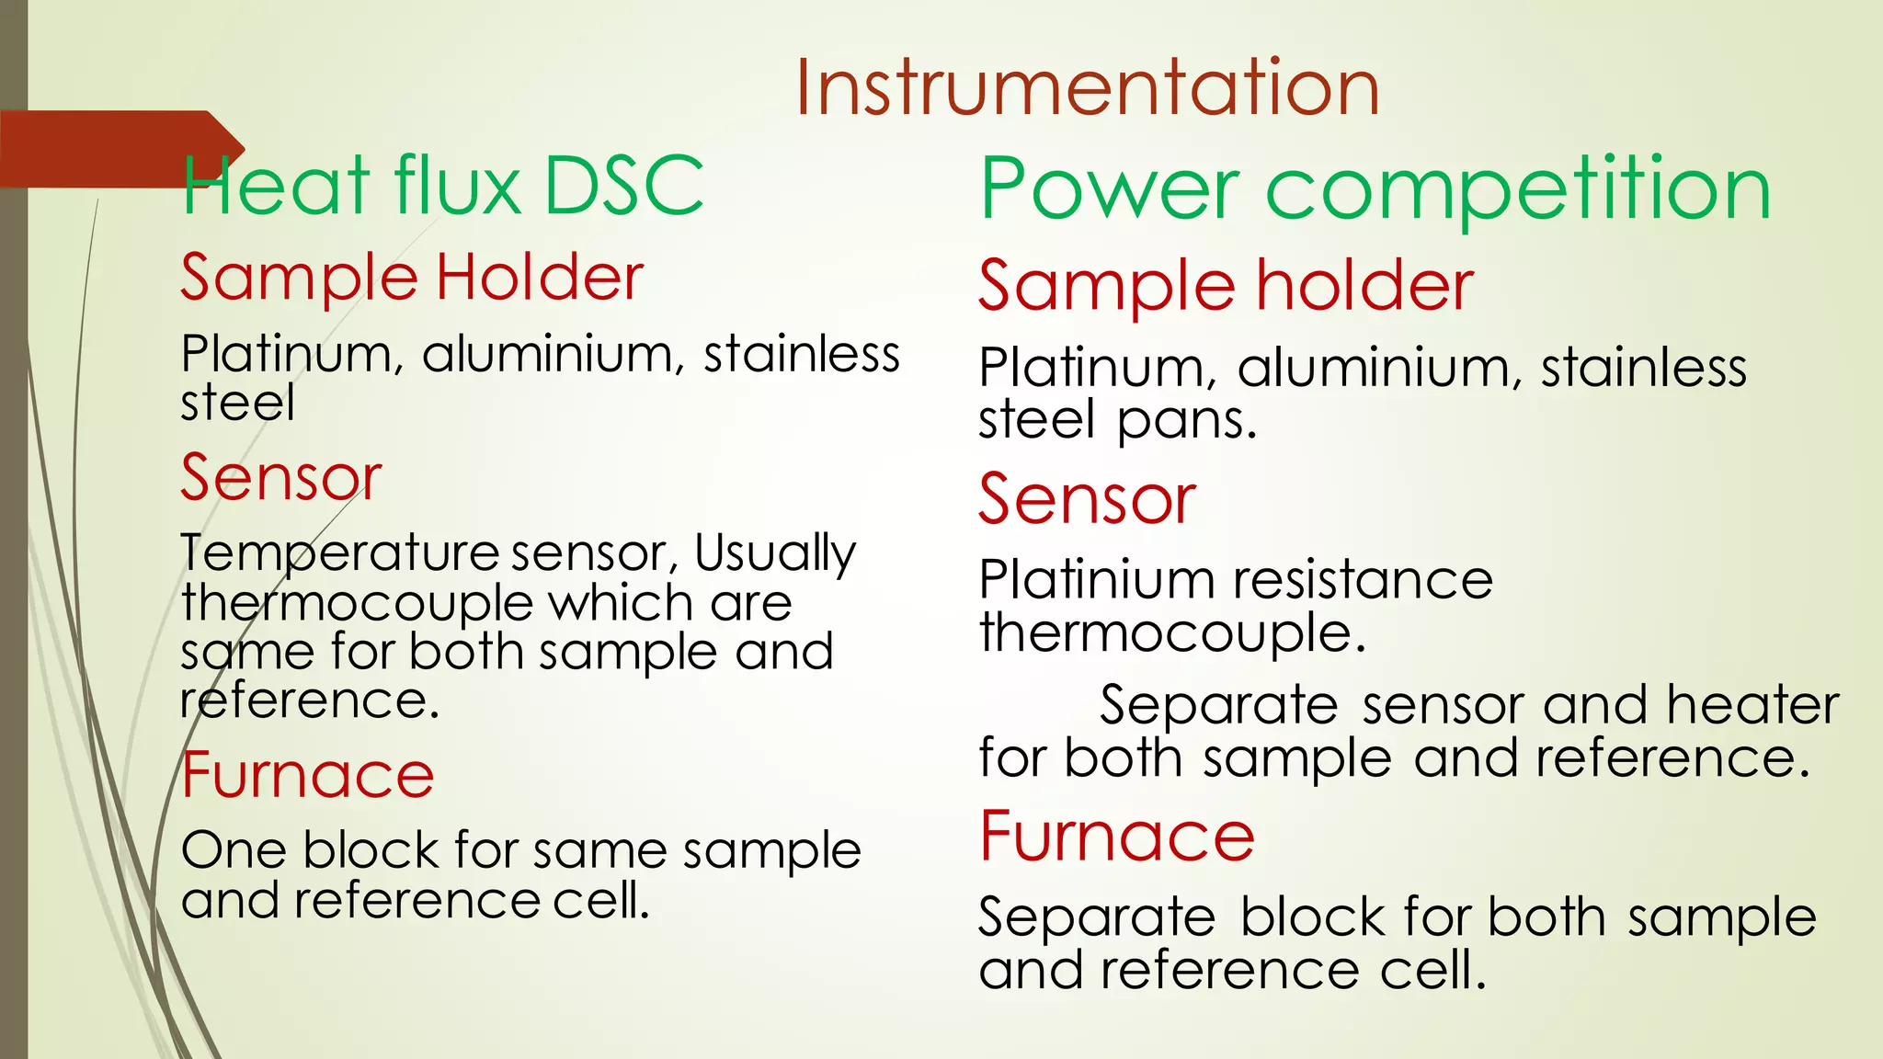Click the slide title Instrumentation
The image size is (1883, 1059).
tap(1087, 87)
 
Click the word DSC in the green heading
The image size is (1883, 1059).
tap(623, 186)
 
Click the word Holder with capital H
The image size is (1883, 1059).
tap(540, 277)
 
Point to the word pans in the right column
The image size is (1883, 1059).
tap(1186, 420)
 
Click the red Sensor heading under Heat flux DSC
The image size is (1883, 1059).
tap(280, 478)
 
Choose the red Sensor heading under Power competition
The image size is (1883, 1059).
tap(1087, 499)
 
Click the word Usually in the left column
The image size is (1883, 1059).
tap(774, 553)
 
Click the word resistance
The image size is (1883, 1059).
tap(1363, 580)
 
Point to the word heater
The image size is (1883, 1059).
tap(1752, 705)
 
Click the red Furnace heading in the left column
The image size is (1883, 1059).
tap(307, 775)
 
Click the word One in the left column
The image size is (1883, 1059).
tap(234, 849)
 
